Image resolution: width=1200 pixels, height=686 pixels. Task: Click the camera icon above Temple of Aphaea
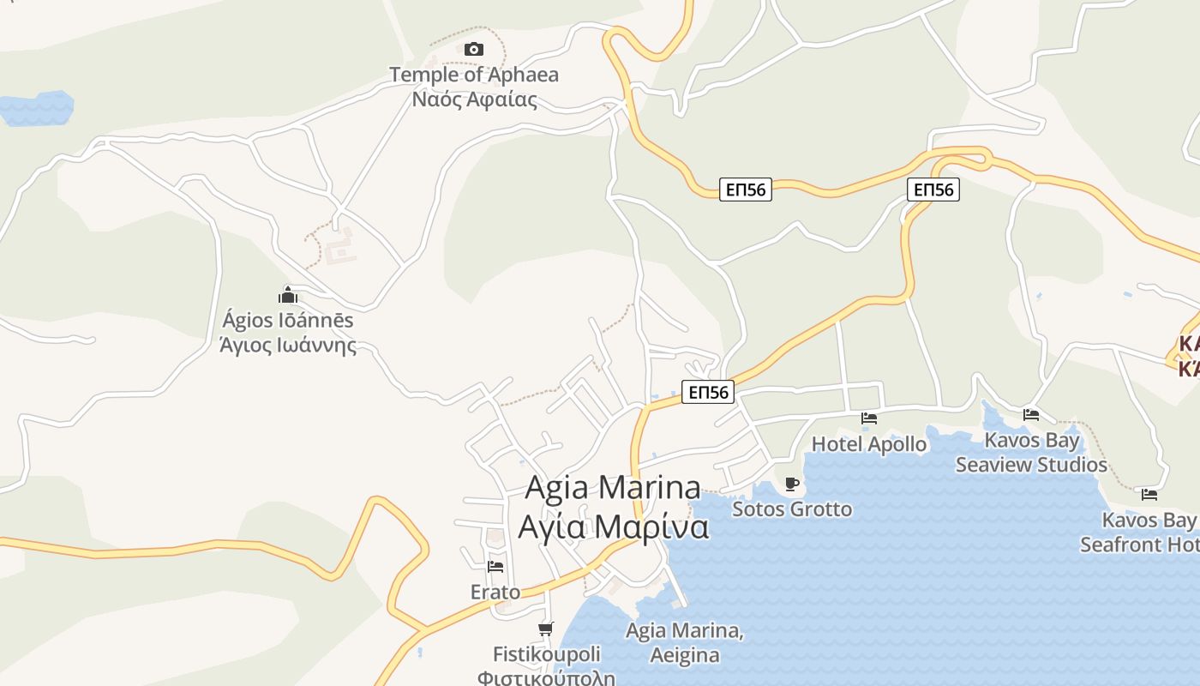pos(474,50)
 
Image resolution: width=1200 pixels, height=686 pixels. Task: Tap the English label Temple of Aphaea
pos(474,75)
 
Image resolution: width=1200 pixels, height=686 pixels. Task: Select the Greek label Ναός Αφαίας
pos(474,99)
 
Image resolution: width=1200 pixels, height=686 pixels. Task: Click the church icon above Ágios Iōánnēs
pos(288,296)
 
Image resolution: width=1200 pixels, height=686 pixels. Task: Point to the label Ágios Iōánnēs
pos(288,321)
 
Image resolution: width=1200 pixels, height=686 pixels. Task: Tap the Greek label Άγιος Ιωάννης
pos(288,346)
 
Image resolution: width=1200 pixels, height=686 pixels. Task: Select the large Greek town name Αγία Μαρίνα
pos(613,527)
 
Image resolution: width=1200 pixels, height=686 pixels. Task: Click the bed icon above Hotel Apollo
pos(869,418)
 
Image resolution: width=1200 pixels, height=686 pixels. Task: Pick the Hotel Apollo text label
pos(869,444)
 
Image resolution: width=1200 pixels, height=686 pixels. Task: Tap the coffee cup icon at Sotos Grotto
pos(792,484)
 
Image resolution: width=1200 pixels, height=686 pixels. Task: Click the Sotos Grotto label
pos(792,509)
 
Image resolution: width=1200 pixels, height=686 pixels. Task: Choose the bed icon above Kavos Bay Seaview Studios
pos(1031,415)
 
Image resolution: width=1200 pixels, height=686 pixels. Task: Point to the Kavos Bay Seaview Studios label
pos(1031,453)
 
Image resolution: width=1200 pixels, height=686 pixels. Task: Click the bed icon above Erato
pos(495,567)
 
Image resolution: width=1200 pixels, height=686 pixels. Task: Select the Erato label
pos(495,592)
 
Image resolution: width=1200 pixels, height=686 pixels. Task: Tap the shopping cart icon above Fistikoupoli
pos(546,629)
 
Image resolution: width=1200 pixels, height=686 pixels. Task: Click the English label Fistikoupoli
pos(546,654)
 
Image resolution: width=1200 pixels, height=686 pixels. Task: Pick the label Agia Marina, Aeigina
pos(684,643)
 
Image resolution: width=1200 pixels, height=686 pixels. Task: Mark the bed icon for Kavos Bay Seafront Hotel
pos(1149,495)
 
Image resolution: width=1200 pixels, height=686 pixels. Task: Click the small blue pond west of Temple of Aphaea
pos(36,108)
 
